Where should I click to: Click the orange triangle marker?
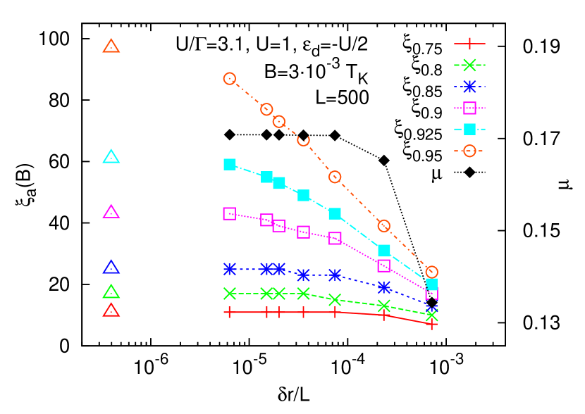(111, 46)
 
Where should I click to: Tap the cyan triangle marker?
(111, 157)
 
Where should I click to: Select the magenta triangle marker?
(111, 212)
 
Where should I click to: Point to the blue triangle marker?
(111, 268)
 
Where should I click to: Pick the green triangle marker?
(111, 291)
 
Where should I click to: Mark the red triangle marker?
(111, 310)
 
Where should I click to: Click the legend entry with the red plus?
(469, 44)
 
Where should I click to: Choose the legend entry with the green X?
(469, 65)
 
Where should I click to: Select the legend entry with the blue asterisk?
(469, 87)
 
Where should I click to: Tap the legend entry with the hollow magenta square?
(469, 108)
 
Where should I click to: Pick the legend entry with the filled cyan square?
(469, 129)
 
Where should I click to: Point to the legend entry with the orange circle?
(469, 150)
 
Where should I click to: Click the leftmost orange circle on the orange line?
(230, 79)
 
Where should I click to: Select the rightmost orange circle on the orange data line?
(432, 272)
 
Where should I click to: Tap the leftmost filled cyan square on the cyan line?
(230, 164)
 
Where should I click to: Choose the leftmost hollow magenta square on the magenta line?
(230, 213)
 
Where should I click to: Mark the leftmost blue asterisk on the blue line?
(230, 269)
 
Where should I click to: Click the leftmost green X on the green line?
(230, 293)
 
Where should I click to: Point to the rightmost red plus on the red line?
(432, 324)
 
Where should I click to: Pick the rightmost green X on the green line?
(432, 315)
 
